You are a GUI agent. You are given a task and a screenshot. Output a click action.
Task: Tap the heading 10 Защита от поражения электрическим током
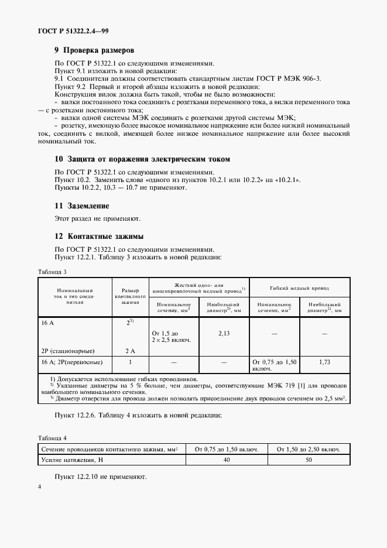142,159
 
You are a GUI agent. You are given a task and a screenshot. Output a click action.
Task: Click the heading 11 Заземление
81,206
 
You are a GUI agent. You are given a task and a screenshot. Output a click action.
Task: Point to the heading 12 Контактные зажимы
100,237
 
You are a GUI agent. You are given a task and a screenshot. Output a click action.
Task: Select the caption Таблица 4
53,437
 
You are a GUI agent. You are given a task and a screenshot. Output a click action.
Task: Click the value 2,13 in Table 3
224,333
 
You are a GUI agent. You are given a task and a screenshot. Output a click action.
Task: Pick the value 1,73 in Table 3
324,362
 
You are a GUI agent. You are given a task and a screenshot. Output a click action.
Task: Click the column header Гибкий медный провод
299,288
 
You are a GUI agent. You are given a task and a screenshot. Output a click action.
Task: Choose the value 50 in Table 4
308,461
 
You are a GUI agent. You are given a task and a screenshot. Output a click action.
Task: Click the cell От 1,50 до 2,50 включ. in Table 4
308,448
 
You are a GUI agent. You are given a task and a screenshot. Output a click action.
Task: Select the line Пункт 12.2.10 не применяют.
100,477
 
